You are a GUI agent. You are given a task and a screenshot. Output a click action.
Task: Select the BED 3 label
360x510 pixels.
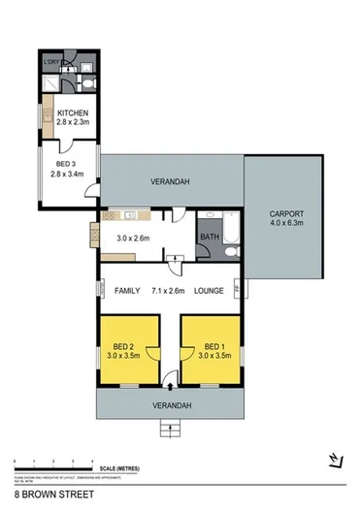click(67, 167)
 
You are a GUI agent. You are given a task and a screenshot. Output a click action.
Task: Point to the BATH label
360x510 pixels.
click(209, 235)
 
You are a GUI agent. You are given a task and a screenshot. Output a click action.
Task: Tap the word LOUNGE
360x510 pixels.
click(210, 291)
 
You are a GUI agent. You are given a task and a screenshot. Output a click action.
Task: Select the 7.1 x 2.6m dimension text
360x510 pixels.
click(169, 291)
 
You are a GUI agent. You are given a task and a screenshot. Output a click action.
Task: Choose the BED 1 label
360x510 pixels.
click(208, 345)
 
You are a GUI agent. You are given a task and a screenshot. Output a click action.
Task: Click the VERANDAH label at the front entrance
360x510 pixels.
click(170, 404)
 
